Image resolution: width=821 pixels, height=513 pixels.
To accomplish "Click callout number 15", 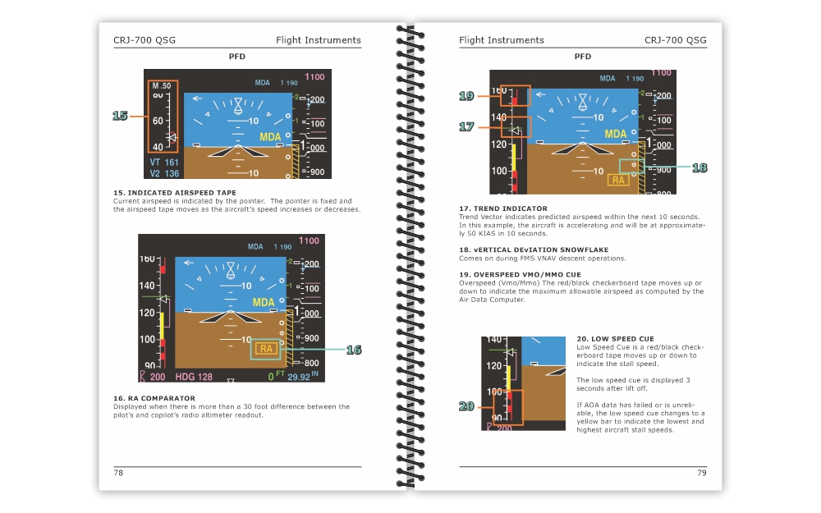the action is coord(120,116).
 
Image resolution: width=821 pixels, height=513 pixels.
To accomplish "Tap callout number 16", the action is coord(354,350).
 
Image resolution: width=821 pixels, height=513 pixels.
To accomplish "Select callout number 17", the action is coord(466,126).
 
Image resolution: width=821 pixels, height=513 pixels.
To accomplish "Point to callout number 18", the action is coord(699,167).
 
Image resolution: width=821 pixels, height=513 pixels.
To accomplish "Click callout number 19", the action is coord(466,96).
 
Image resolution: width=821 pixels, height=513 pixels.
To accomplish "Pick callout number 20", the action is coord(466,406).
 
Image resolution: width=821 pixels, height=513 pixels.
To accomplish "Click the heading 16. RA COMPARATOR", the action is coord(154,398).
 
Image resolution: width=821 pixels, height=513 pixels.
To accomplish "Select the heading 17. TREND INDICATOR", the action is coord(503,208).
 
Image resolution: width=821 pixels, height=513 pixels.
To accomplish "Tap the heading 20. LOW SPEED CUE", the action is coord(615,339).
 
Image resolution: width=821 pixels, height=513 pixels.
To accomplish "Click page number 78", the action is coord(118,473).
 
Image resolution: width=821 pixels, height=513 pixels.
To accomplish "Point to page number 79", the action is coord(702,473).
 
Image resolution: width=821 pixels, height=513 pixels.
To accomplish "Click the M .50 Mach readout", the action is coord(162,86).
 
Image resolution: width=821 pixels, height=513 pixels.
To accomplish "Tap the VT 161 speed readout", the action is coord(164,163).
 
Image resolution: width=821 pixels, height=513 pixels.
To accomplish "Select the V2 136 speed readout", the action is coord(164,173).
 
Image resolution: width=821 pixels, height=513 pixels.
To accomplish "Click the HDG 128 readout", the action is coord(194,377).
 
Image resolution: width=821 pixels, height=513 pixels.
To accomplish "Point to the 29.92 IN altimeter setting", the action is coord(303,377).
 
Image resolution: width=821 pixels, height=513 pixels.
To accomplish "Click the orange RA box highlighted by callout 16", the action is coord(266,349).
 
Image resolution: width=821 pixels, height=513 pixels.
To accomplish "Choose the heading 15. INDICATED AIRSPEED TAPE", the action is coord(174,193).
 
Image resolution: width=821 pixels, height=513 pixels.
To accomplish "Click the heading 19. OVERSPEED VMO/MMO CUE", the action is coord(520,274).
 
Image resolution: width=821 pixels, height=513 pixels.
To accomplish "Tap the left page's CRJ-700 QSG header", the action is coord(144,39).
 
